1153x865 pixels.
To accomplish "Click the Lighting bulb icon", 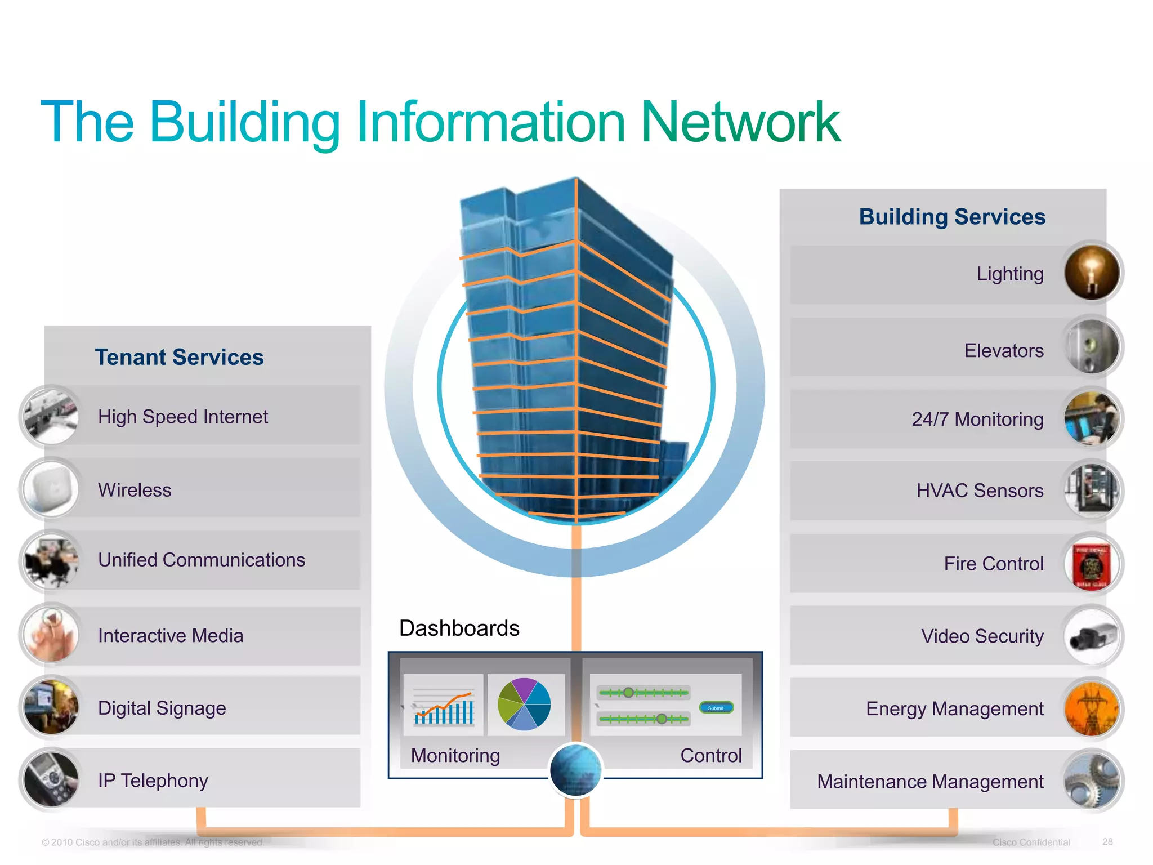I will click(x=1092, y=273).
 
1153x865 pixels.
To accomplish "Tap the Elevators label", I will click(x=1003, y=351).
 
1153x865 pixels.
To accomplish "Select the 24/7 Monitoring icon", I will click(x=1092, y=418).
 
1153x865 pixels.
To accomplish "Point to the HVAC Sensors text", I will click(x=980, y=491).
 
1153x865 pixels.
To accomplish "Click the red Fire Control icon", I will click(x=1092, y=564).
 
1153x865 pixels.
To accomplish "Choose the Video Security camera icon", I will click(x=1092, y=636).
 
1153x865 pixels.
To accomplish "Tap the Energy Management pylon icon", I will click(x=1092, y=709).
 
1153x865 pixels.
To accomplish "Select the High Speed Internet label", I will click(x=182, y=417).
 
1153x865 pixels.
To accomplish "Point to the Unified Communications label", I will click(x=201, y=560).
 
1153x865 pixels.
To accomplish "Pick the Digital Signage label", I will click(x=162, y=708).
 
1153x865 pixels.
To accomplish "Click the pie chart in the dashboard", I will click(x=524, y=704).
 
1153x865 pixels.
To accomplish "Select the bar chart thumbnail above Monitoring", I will click(x=444, y=706).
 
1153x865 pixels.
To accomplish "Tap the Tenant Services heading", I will click(x=179, y=357).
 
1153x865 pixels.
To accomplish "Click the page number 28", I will click(x=1107, y=841).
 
